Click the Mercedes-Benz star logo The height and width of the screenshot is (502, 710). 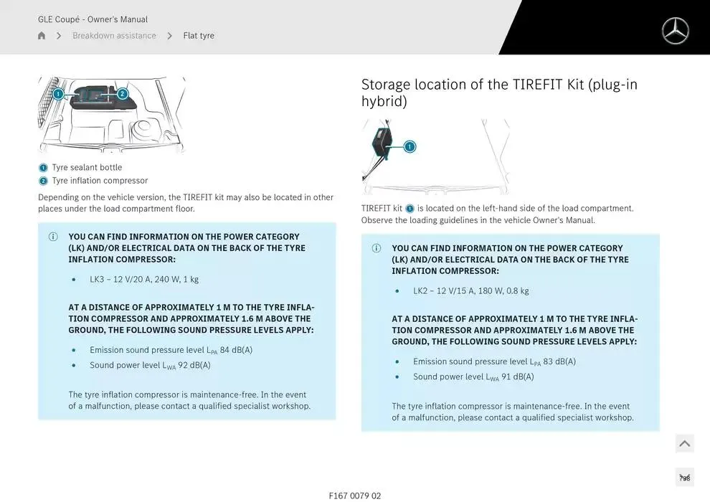pyautogui.click(x=675, y=31)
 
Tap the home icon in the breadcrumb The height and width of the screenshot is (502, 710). pyautogui.click(x=42, y=35)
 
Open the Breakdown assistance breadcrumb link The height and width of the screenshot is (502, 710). pyautogui.click(x=114, y=35)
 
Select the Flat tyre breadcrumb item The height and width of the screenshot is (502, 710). pyautogui.click(x=199, y=35)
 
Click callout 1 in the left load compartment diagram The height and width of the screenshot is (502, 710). pyautogui.click(x=58, y=94)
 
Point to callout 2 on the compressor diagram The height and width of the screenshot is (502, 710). pyautogui.click(x=122, y=94)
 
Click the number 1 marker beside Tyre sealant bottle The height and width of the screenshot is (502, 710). pyautogui.click(x=43, y=168)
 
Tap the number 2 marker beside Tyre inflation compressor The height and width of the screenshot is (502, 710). pyautogui.click(x=43, y=181)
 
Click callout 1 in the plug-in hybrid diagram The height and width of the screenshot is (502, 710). pyautogui.click(x=410, y=147)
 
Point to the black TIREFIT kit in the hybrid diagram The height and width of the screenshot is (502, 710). pyautogui.click(x=382, y=142)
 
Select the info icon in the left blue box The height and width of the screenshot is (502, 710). pyautogui.click(x=53, y=237)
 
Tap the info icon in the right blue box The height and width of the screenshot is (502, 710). pyautogui.click(x=377, y=248)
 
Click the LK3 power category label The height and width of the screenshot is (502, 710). pyautogui.click(x=97, y=279)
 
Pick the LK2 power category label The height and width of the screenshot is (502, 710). pyautogui.click(x=420, y=290)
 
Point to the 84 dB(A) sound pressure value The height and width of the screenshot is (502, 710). pyautogui.click(x=236, y=350)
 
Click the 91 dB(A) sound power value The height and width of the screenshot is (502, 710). pyautogui.click(x=518, y=376)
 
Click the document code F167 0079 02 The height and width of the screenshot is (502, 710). pyautogui.click(x=355, y=496)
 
